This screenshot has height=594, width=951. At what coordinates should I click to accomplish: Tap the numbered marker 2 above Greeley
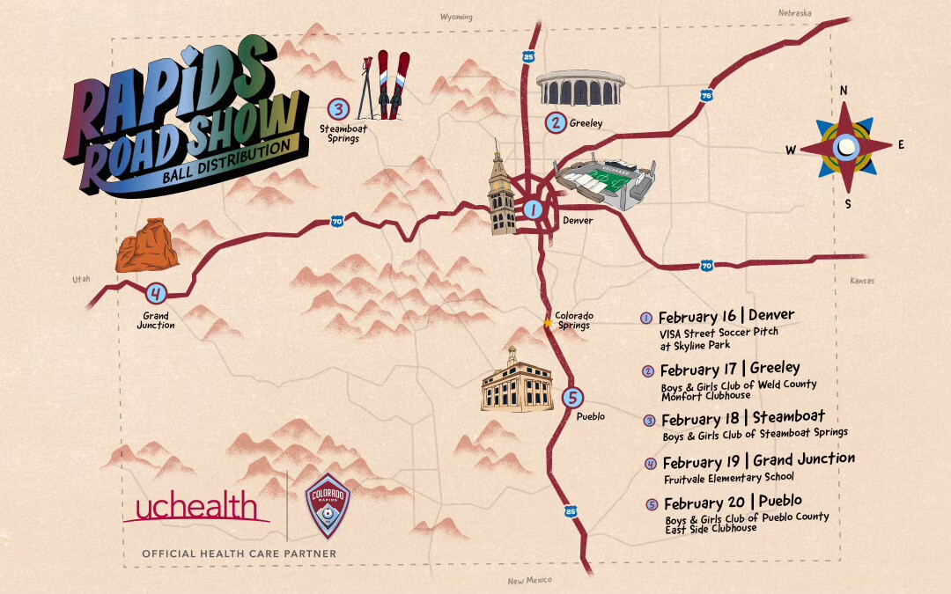tap(555, 123)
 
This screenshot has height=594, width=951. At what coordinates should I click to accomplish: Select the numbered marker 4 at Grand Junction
tap(155, 294)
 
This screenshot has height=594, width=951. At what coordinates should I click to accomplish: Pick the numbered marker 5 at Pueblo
tap(572, 398)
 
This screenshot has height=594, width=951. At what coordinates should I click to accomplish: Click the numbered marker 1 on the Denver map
tap(533, 209)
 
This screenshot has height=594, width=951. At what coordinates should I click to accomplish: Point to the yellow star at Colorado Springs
tap(548, 324)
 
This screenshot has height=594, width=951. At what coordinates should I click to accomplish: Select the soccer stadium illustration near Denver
tap(608, 183)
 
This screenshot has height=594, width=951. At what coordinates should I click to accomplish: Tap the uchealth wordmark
tap(195, 509)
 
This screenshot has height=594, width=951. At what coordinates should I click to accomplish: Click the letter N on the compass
tap(844, 91)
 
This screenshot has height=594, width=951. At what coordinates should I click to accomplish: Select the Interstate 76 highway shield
tap(706, 95)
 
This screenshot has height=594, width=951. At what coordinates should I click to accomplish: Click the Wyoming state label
tap(456, 18)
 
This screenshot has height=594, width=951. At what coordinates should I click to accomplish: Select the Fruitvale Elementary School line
tap(728, 477)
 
